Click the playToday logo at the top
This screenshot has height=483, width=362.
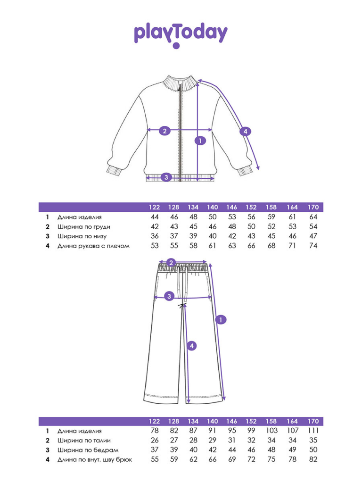click(x=181, y=35)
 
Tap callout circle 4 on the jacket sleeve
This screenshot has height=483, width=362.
click(x=245, y=132)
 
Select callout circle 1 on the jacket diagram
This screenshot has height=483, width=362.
click(x=200, y=141)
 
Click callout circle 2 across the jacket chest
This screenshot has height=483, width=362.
click(x=165, y=131)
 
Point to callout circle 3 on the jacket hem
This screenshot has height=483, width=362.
click(x=166, y=177)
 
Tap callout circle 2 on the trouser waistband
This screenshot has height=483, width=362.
click(x=171, y=263)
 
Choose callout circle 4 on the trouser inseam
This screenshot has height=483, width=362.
click(x=191, y=346)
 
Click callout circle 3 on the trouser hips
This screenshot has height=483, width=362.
click(x=169, y=296)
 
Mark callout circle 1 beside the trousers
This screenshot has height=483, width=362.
click(x=221, y=320)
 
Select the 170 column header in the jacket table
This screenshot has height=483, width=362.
click(x=313, y=207)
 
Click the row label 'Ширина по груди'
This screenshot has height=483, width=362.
click(x=84, y=227)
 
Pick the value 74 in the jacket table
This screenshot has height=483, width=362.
click(x=313, y=245)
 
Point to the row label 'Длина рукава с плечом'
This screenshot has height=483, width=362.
click(x=93, y=246)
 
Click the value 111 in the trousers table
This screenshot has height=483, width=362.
click(x=313, y=430)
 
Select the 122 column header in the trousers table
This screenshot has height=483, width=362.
click(x=154, y=421)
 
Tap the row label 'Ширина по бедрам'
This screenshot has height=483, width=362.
click(x=88, y=450)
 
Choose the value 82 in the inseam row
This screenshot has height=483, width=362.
click(x=313, y=459)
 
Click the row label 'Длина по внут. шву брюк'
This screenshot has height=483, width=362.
click(x=94, y=459)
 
